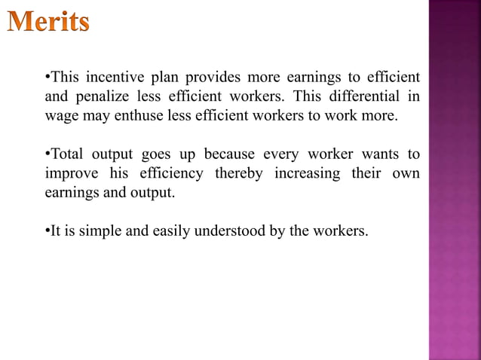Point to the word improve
(x=70, y=174)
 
